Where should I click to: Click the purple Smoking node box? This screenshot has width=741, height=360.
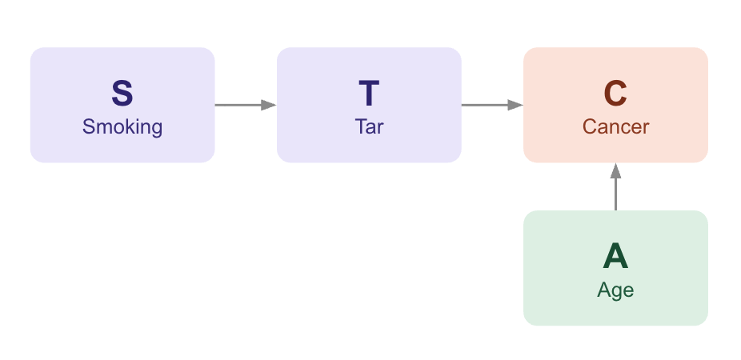(x=122, y=105)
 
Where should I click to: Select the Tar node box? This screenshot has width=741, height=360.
(x=369, y=105)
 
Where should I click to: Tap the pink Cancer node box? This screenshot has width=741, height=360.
(x=616, y=105)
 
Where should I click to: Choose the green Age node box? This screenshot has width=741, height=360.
(x=616, y=268)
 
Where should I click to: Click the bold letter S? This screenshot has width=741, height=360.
(x=122, y=94)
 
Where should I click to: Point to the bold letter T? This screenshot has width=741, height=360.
(x=369, y=94)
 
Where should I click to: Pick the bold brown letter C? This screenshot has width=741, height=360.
(x=616, y=94)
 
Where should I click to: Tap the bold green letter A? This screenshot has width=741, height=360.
(x=616, y=257)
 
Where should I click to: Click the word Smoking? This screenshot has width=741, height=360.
(x=122, y=127)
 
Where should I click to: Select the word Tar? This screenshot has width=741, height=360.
(x=369, y=126)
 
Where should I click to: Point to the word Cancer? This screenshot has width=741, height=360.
(x=616, y=126)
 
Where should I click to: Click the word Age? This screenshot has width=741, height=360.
(x=616, y=290)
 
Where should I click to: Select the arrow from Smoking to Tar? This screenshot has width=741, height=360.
(x=246, y=105)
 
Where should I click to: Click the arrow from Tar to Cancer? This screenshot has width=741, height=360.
(x=492, y=105)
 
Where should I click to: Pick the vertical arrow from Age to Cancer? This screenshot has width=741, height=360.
(x=616, y=186)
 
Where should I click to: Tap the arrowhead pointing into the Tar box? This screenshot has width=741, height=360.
(x=269, y=105)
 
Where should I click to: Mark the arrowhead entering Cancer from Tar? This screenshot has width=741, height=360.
(x=515, y=105)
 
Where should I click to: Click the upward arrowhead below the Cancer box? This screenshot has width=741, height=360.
(x=616, y=170)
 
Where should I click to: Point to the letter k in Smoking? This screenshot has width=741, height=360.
(x=131, y=126)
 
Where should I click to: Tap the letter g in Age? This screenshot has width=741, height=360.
(x=617, y=293)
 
